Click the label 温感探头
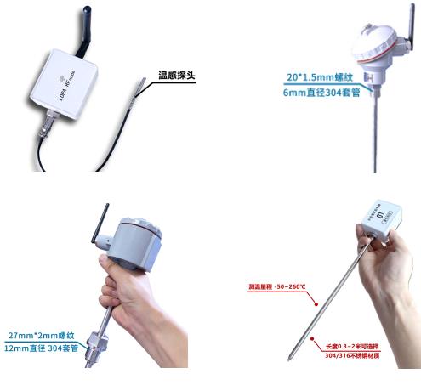tap(178, 75)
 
